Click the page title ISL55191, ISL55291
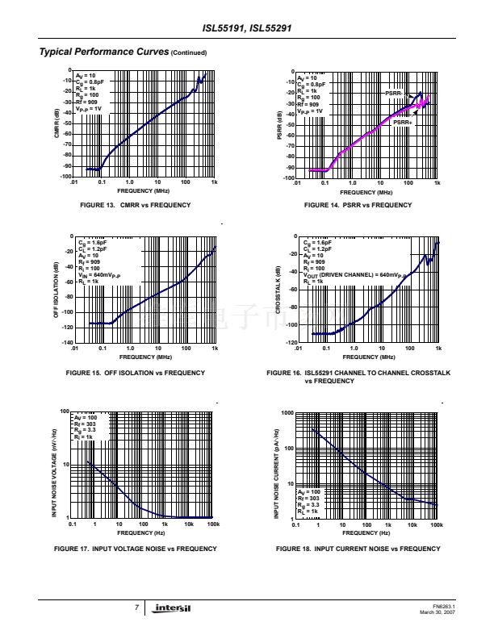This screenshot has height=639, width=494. click(x=246, y=29)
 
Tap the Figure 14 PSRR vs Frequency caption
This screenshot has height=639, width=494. click(x=358, y=205)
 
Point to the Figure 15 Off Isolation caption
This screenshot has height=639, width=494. click(x=135, y=373)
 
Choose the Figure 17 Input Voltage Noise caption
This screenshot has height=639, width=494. click(x=135, y=549)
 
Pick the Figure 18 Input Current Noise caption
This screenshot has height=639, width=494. click(x=358, y=549)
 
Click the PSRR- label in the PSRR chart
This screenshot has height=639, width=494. click(x=394, y=94)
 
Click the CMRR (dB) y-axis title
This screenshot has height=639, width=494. click(x=57, y=123)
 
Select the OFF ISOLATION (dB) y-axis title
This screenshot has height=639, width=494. click(x=57, y=290)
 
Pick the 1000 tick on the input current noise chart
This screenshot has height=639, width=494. click(x=287, y=412)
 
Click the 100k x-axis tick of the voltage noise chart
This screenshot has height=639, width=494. click(x=213, y=524)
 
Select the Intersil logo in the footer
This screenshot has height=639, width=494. click(x=172, y=608)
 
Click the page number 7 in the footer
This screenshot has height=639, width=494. click(x=137, y=608)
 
